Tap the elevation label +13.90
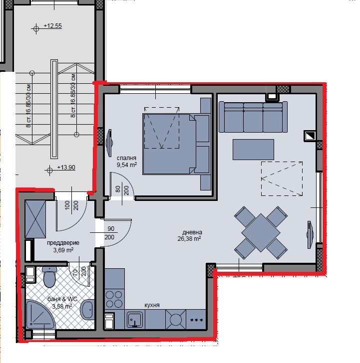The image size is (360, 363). [x=65, y=168]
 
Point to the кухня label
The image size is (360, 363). [x=151, y=305]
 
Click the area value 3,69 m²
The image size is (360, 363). [x=63, y=250]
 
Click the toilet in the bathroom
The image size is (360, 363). [x=49, y=277]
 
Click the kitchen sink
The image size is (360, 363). [x=135, y=320]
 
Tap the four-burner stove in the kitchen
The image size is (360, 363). [x=114, y=297]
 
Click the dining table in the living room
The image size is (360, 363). [x=261, y=232]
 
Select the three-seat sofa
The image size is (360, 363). [x=253, y=117]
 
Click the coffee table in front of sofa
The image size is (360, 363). [x=253, y=149]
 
